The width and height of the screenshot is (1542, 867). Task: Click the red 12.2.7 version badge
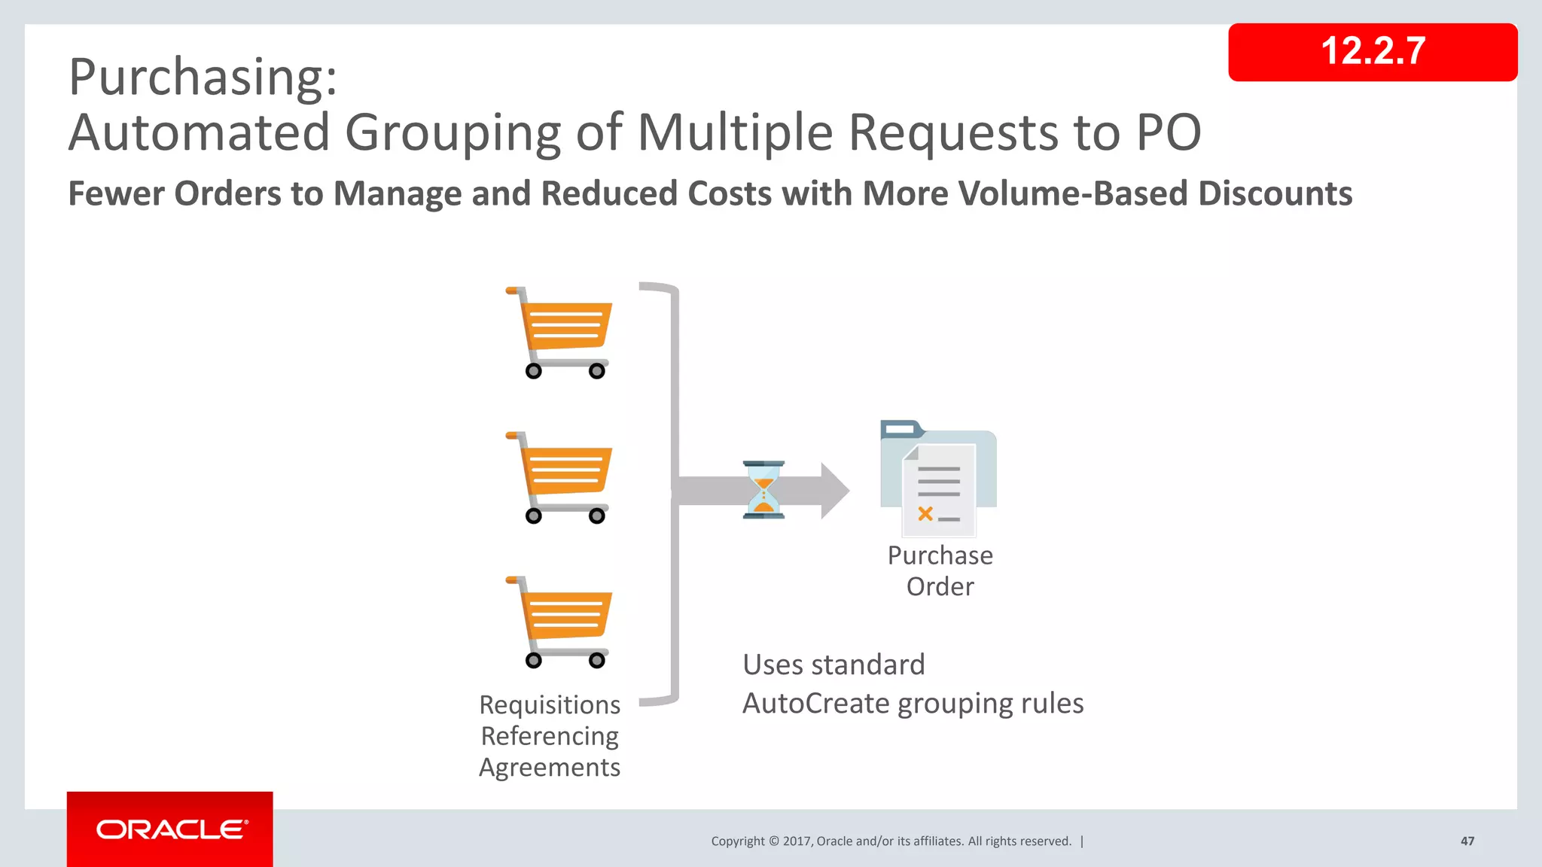1372,52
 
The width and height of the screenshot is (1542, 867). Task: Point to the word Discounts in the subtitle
1275,193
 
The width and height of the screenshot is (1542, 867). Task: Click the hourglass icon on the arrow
763,490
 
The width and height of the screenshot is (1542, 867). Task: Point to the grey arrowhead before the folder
834,491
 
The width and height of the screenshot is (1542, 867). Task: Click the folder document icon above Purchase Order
938,478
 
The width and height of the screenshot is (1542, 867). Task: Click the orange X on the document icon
925,514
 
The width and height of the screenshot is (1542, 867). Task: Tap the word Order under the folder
940,586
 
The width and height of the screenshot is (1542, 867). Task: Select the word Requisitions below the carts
550,705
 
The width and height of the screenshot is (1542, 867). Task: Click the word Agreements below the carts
550,768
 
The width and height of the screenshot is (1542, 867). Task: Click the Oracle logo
170,829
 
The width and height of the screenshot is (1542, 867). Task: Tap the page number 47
1467,841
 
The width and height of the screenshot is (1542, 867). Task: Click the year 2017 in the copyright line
796,841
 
